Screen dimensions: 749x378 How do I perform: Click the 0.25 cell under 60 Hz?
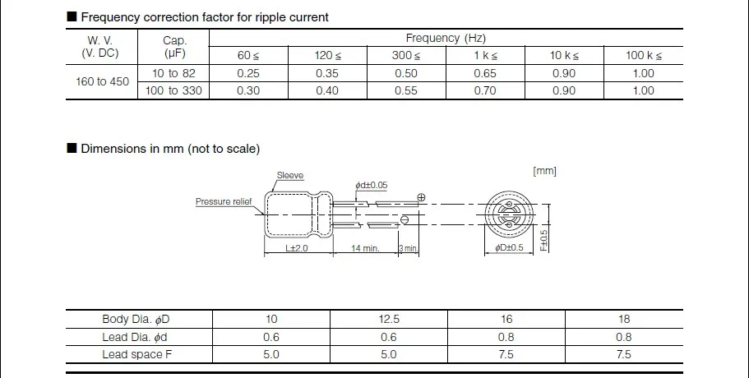point(248,73)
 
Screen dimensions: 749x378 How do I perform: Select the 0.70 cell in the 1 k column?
point(485,90)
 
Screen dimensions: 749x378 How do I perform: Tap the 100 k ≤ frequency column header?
point(644,55)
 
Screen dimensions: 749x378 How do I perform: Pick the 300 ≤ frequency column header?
point(406,55)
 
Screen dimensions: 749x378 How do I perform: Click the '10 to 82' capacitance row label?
point(173,73)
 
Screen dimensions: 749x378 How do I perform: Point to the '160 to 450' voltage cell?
point(102,81)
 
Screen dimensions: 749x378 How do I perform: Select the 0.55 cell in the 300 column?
point(406,90)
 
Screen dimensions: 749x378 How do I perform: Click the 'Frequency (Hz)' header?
point(446,38)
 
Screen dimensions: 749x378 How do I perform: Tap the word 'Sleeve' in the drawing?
point(290,175)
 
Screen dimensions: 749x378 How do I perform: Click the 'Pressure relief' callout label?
point(224,201)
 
